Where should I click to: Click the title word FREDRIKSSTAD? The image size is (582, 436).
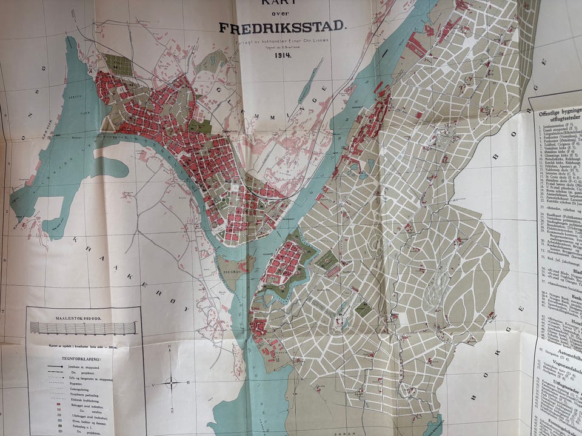(x=282, y=27)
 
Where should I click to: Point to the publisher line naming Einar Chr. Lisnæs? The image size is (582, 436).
(x=283, y=44)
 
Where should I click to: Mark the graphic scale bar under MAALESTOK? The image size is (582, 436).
(x=84, y=328)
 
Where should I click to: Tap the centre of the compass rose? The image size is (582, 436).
(x=172, y=382)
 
